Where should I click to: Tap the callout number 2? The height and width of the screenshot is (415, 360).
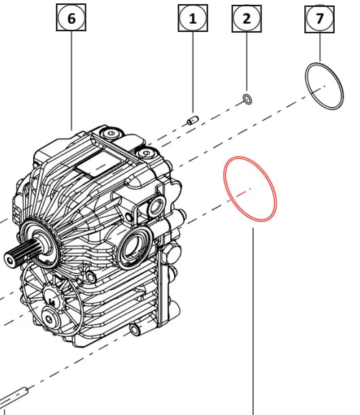click(x=246, y=19)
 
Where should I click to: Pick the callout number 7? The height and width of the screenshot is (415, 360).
click(x=319, y=19)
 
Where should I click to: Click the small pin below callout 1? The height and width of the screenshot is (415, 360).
click(x=192, y=121)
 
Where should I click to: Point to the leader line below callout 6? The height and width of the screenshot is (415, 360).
click(x=71, y=82)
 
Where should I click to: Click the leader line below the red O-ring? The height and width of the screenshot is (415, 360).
click(x=253, y=320)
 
